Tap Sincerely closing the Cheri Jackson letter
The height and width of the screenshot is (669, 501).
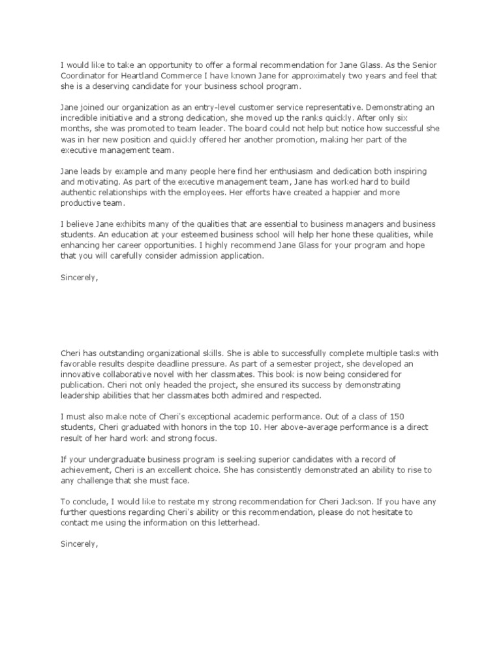coord(79,544)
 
